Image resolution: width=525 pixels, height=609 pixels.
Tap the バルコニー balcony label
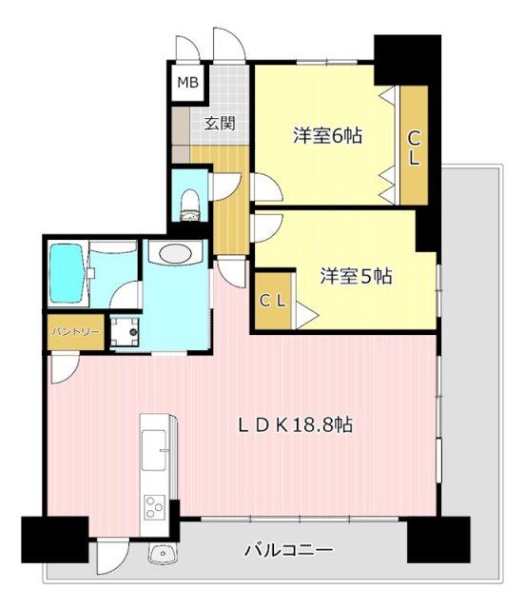click(287, 550)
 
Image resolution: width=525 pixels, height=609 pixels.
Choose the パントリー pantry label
click(70, 333)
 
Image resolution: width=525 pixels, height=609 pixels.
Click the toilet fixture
click(188, 201)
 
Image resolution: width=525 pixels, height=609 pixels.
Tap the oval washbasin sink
click(175, 253)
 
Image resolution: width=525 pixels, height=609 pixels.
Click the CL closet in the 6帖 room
click(414, 147)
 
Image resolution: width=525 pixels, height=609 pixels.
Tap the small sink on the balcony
click(159, 554)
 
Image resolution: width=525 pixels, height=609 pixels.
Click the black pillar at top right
click(407, 60)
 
